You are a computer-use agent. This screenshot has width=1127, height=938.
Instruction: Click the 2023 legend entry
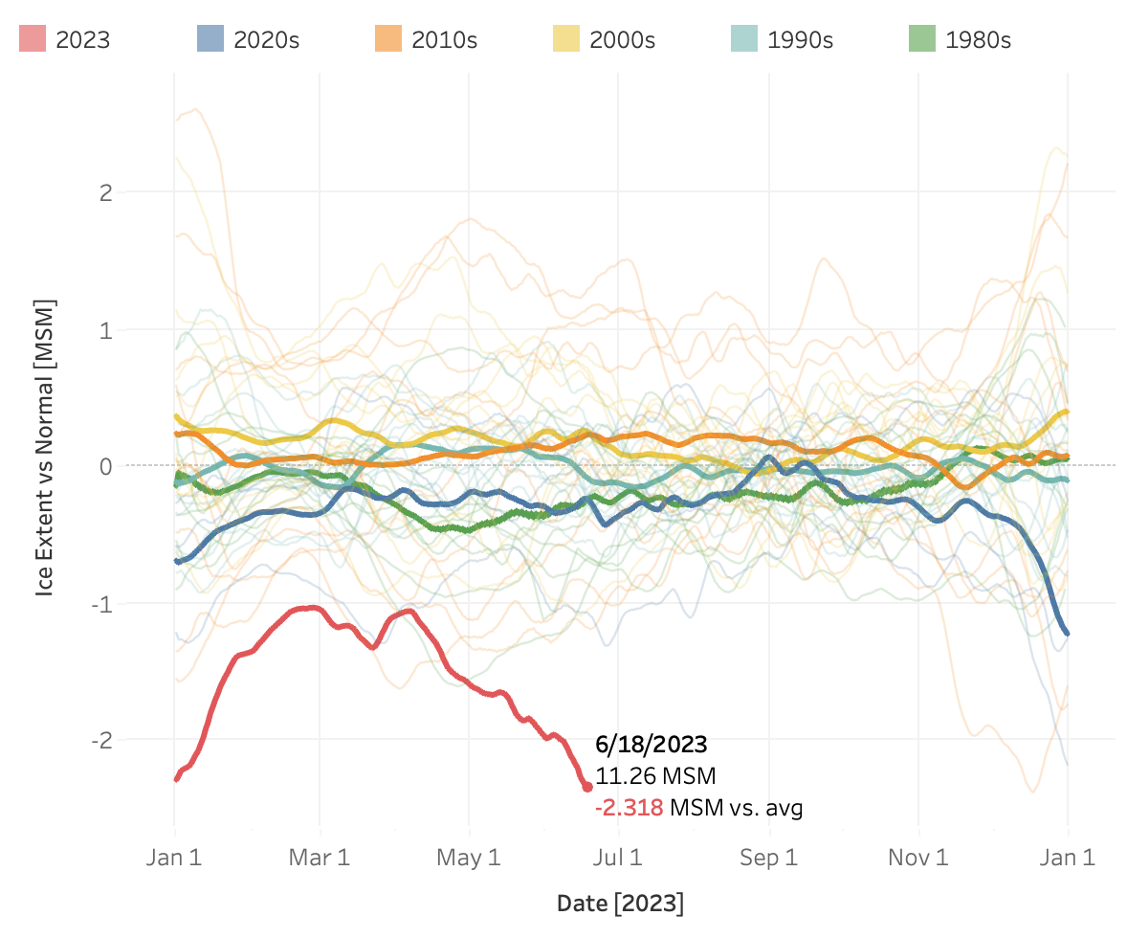pos(65,39)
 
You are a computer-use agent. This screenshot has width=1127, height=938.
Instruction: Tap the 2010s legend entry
pos(426,39)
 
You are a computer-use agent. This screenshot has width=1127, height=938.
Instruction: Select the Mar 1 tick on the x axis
pos(320,858)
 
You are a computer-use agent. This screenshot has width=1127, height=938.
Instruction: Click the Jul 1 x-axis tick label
pos(619,858)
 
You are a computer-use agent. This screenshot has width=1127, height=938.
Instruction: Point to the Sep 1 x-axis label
pos(769,858)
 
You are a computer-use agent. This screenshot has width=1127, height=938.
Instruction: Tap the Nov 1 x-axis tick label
pos(918,858)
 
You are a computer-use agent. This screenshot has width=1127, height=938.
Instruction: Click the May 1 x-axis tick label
pos(469,858)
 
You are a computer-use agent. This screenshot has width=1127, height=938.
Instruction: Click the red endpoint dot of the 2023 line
pos(587,787)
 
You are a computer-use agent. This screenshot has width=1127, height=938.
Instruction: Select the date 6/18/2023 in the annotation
pos(651,744)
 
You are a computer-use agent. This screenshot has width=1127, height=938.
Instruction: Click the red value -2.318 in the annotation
pos(629,808)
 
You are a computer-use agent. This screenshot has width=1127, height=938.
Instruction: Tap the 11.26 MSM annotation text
pos(655,775)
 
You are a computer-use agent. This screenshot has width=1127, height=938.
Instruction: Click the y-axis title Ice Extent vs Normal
pos(45,447)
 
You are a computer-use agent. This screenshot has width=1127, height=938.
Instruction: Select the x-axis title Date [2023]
pos(620,903)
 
